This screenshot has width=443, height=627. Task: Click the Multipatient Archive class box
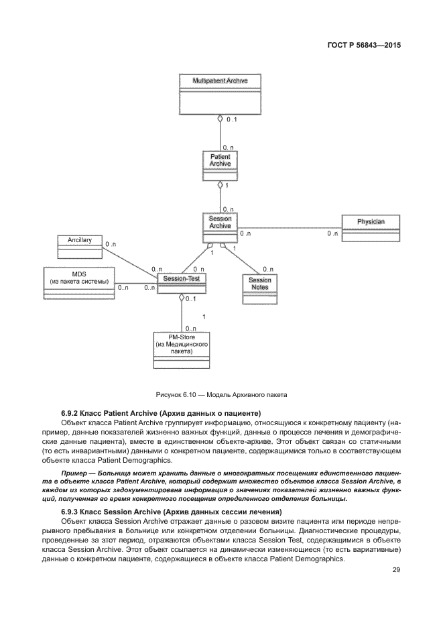pos(220,94)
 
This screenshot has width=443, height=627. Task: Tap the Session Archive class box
pos(220,229)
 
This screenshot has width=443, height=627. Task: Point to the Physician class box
pos(370,227)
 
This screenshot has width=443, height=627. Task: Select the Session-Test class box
pos(181,282)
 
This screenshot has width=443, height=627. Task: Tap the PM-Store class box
pos(181,349)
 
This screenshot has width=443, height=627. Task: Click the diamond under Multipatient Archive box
pos(220,119)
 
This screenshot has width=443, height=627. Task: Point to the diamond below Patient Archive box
pos(220,184)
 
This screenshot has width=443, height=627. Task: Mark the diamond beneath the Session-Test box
pos(181,298)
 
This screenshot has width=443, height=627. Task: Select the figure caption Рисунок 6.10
pos(220,394)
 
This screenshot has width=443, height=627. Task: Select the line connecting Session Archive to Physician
pos(288,227)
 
